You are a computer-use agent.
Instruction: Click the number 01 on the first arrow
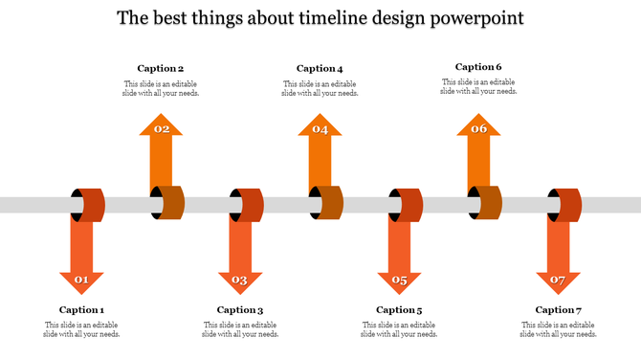pyautogui.click(x=81, y=281)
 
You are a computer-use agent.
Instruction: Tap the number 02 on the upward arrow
pyautogui.click(x=162, y=129)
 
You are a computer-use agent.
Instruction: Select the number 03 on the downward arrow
pyautogui.click(x=240, y=281)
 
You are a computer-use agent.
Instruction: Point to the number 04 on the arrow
pyautogui.click(x=320, y=129)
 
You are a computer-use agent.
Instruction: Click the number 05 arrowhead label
pyautogui.click(x=399, y=281)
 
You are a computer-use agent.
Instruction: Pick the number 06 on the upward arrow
pyautogui.click(x=478, y=129)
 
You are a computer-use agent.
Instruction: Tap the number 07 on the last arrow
pyautogui.click(x=558, y=281)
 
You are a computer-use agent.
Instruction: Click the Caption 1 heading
pyautogui.click(x=81, y=309)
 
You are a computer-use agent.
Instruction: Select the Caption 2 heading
pyautogui.click(x=161, y=68)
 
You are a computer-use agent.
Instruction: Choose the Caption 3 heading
pyautogui.click(x=240, y=309)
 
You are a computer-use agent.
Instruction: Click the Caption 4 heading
pyautogui.click(x=320, y=68)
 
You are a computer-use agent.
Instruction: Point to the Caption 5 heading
pyautogui.click(x=399, y=309)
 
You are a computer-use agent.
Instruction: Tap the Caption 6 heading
pyautogui.click(x=478, y=67)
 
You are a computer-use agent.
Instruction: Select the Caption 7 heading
pyautogui.click(x=558, y=309)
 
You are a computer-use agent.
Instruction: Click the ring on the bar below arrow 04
pyautogui.click(x=325, y=204)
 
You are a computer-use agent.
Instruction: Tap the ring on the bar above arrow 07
pyautogui.click(x=564, y=205)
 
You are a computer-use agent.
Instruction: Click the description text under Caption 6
pyautogui.click(x=478, y=86)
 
